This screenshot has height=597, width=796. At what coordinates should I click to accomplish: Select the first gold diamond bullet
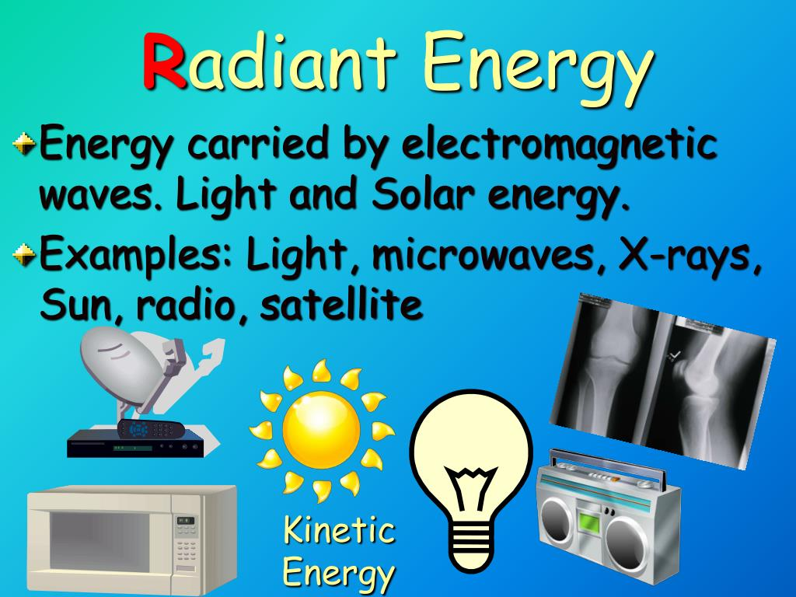(x=23, y=144)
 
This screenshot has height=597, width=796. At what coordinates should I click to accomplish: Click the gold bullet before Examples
(x=23, y=254)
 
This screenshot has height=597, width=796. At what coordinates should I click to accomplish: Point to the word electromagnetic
(x=559, y=145)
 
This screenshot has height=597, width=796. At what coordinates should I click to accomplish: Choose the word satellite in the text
(x=341, y=304)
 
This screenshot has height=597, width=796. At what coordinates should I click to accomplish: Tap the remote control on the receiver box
(x=151, y=429)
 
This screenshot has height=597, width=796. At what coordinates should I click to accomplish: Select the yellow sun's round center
(x=321, y=429)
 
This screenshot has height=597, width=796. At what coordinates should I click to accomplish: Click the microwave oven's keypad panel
(x=186, y=540)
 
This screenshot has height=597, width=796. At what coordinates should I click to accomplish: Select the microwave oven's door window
(x=99, y=540)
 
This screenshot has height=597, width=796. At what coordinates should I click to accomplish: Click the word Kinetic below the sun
(x=339, y=530)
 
